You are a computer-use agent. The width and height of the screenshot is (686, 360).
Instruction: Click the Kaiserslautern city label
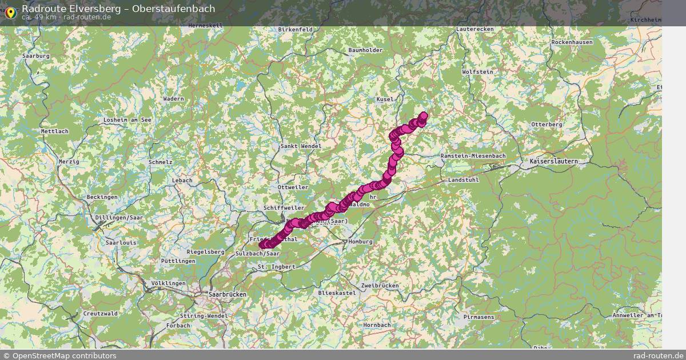click(553, 162)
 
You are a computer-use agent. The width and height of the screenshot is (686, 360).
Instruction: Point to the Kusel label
click(385, 99)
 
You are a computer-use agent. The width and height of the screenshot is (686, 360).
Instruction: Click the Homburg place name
click(360, 242)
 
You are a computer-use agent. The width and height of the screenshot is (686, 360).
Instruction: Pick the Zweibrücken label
click(380, 285)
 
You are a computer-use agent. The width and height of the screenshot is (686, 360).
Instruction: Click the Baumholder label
click(365, 50)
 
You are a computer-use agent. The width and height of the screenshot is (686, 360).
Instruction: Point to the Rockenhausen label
click(572, 42)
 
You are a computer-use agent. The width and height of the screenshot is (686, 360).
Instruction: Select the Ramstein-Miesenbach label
click(473, 156)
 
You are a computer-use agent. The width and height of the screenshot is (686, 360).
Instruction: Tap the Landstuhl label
click(463, 179)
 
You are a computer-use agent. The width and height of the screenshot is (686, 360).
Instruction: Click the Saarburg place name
click(36, 56)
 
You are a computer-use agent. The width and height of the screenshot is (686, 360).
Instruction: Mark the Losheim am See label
click(127, 120)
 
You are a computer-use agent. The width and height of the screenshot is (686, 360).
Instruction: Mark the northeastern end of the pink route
click(424, 116)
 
